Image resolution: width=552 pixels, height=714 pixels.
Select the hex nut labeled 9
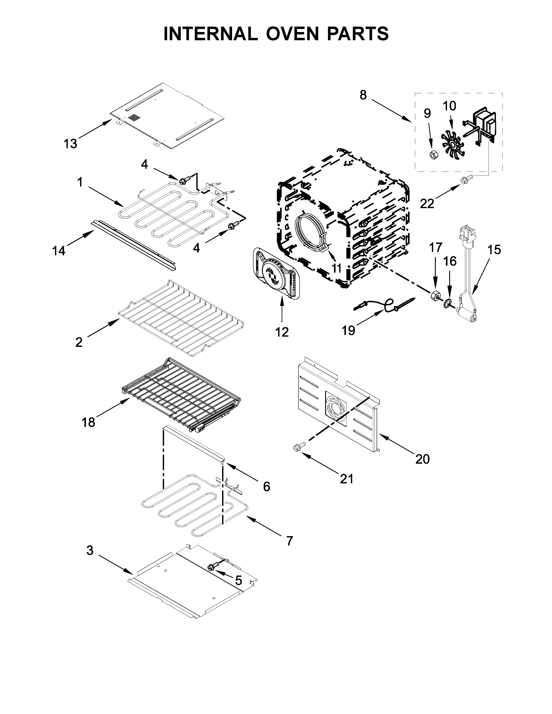(433, 155)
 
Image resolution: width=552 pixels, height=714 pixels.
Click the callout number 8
(363, 95)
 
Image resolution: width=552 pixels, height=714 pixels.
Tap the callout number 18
(88, 422)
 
